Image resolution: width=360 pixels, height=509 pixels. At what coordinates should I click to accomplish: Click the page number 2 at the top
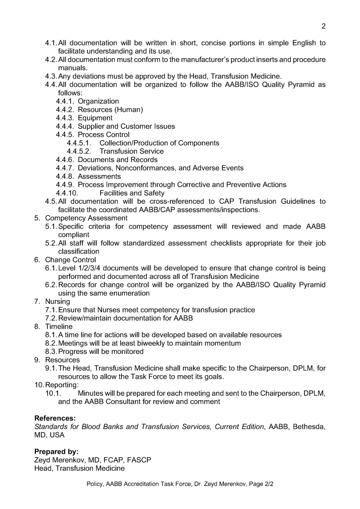324,26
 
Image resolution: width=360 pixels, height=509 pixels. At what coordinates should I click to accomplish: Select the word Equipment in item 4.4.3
95,118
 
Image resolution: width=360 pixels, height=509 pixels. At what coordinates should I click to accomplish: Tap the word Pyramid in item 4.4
294,85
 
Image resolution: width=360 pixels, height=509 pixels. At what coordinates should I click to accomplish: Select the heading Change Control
71,260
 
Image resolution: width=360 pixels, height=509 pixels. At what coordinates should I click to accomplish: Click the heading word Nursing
58,302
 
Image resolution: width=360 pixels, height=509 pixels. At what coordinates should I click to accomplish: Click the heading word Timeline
59,327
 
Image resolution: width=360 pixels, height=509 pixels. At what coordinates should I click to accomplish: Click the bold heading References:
55,419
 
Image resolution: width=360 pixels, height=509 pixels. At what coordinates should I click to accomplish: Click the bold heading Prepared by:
56,452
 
